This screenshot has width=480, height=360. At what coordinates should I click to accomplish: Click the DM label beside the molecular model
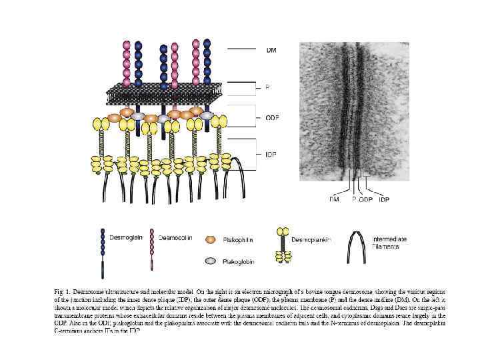[272, 50]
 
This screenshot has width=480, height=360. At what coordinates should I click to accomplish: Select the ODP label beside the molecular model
[273, 117]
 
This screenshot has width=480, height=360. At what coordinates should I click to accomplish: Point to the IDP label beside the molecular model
[271, 155]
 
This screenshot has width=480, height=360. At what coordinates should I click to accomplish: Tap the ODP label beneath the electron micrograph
[367, 199]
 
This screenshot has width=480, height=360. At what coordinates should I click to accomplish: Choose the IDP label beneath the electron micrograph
[384, 199]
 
